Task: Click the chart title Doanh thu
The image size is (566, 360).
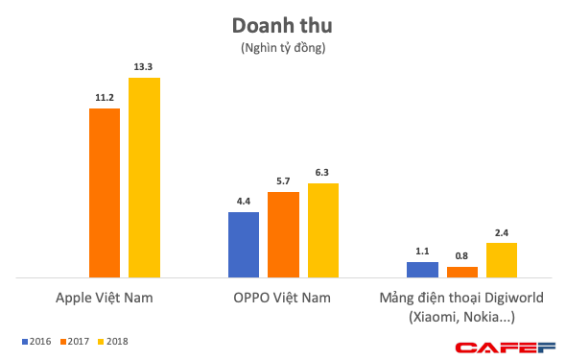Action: point(282,25)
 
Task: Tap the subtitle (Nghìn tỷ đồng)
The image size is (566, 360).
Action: point(282,47)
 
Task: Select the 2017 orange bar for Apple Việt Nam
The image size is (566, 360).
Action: point(105,192)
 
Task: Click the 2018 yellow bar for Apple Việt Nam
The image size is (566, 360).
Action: point(144,177)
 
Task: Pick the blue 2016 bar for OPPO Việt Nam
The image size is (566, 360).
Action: point(244,244)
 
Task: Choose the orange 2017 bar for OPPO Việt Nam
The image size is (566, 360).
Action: point(283,234)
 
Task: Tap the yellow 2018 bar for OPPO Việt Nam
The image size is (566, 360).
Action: point(322,229)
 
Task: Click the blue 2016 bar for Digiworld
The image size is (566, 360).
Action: point(422,269)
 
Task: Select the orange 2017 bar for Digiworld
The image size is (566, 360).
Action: point(461,272)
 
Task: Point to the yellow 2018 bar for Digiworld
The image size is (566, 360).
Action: point(501,259)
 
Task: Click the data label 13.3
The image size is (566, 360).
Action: point(144,67)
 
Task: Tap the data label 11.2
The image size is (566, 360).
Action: point(105,98)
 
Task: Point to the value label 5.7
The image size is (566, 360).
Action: point(283,181)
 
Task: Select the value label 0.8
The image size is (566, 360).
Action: point(461,255)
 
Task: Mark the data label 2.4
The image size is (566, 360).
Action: point(501,232)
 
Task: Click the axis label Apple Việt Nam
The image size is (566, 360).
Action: point(105,299)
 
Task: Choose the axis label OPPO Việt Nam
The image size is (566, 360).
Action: point(283,299)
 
